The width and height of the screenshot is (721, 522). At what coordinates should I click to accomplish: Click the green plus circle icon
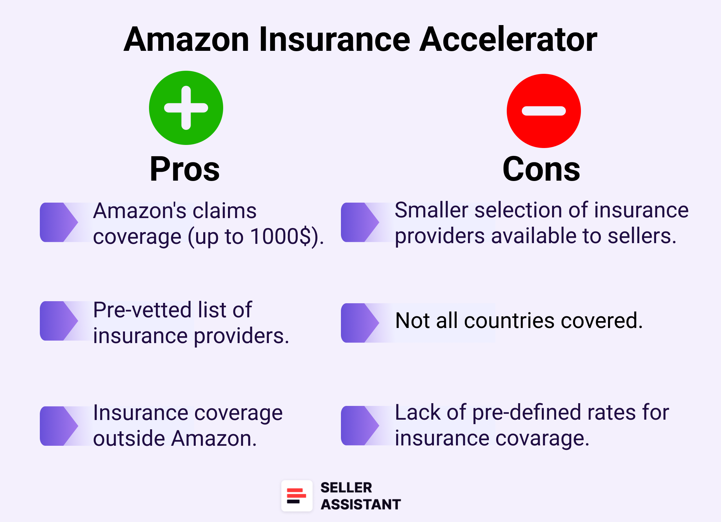[186, 108]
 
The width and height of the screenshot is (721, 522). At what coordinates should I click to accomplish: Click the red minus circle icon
[543, 111]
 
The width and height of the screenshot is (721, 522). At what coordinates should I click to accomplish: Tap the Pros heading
[185, 169]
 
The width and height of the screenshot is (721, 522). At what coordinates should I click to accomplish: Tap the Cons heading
[541, 169]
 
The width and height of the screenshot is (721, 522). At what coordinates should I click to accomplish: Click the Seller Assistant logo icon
[297, 496]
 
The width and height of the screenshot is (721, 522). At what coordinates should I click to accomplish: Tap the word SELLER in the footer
[346, 488]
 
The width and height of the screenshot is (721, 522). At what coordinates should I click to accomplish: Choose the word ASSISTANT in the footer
[360, 504]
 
